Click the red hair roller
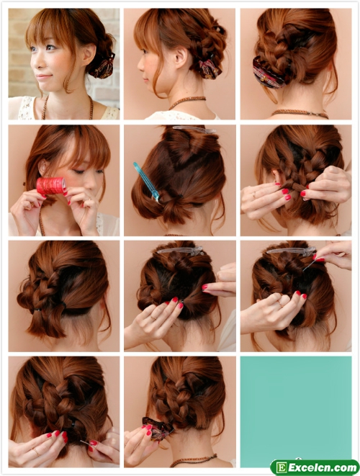[x=51, y=186]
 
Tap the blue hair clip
[x=146, y=181]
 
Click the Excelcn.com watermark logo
[x=314, y=467]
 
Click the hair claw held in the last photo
[x=157, y=428]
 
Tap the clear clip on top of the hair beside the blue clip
[x=194, y=130]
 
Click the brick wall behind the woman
[x=18, y=52]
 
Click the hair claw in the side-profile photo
[x=209, y=69]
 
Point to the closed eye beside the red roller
[x=79, y=172]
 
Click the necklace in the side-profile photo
[x=187, y=102]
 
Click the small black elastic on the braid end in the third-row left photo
[x=37, y=310]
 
